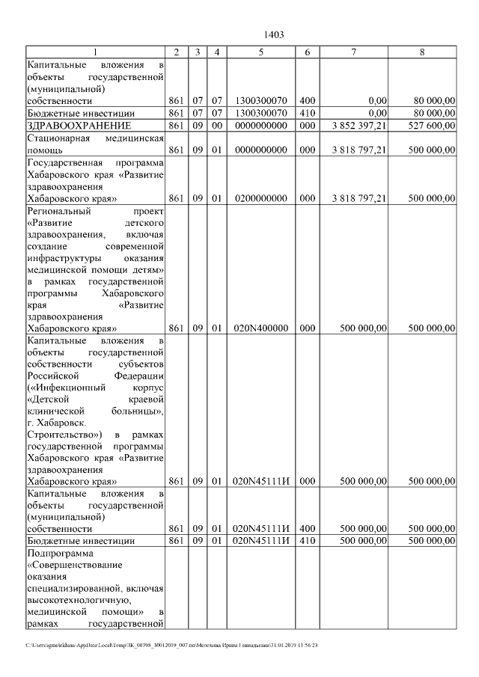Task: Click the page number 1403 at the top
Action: point(274,34)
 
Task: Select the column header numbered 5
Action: point(260,52)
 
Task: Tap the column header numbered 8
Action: point(423,52)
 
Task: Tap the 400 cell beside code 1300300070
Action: point(307,100)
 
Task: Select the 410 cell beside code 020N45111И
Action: point(307,540)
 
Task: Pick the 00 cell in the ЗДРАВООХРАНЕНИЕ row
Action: point(216,126)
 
